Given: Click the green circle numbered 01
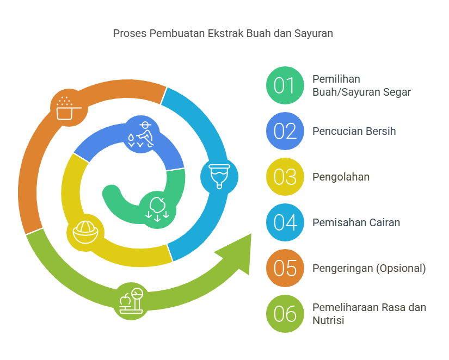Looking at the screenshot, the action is click(x=285, y=85).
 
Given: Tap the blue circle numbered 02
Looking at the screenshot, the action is click(x=285, y=131).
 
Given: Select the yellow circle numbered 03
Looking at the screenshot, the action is click(x=285, y=177).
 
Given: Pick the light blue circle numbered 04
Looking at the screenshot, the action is click(x=285, y=222).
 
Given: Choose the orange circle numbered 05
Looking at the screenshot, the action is click(x=285, y=268).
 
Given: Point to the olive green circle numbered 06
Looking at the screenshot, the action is click(x=285, y=314).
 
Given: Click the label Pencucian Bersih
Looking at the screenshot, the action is click(x=354, y=132).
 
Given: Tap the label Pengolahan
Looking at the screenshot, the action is click(x=341, y=177).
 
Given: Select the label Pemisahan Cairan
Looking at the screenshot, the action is click(x=356, y=222).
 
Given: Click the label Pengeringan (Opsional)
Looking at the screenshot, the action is click(x=369, y=269).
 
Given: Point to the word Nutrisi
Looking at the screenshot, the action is click(x=328, y=320).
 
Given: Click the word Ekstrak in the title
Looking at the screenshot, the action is click(x=225, y=33).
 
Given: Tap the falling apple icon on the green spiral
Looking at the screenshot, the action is click(x=157, y=209).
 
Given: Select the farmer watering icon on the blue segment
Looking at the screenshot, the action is click(x=141, y=134).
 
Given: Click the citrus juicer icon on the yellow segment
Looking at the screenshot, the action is click(x=85, y=232).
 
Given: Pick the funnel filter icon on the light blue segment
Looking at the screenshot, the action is click(x=219, y=177).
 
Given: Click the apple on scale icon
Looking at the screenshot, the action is click(x=131, y=301).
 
